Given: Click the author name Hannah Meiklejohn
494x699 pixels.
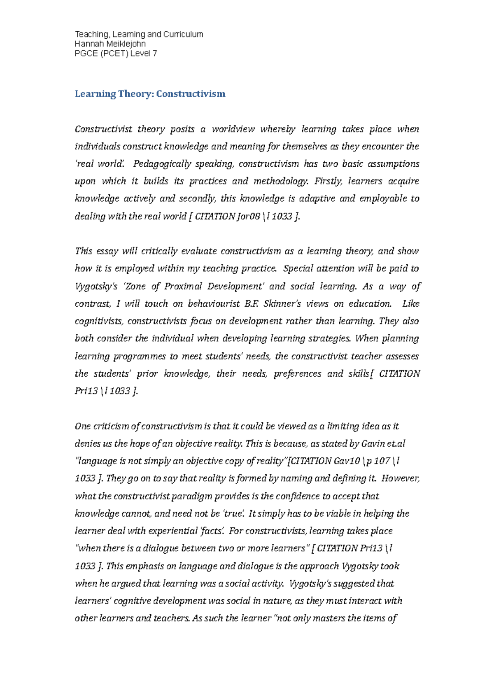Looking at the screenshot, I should pyautogui.click(x=110, y=44).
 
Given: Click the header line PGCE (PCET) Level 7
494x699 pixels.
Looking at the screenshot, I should pyautogui.click(x=116, y=53).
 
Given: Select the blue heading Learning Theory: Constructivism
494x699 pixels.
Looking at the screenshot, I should pyautogui.click(x=150, y=94).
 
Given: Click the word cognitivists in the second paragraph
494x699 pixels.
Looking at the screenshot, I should pyautogui.click(x=99, y=321).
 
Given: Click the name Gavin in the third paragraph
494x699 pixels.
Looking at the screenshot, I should pyautogui.click(x=373, y=444).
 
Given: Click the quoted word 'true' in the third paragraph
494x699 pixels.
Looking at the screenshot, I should pyautogui.click(x=233, y=513).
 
